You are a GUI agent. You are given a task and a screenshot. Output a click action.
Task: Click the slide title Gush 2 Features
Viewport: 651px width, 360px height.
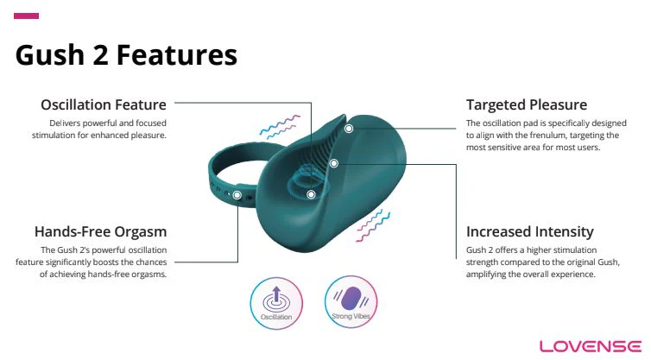coord(126,55)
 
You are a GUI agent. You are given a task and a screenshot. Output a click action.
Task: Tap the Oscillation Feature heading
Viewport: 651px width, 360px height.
coord(104,105)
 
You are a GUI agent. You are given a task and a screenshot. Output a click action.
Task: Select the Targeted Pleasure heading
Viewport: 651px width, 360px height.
coord(527,105)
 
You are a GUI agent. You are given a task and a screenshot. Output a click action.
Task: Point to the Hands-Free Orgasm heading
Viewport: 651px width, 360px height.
coord(100,231)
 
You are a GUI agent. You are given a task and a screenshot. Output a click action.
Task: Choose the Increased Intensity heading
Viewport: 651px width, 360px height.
coord(530,231)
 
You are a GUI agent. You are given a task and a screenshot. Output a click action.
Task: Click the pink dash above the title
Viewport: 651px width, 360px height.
coord(27,16)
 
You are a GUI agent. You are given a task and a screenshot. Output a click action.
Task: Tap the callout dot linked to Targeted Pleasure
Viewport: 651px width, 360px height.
coord(349,129)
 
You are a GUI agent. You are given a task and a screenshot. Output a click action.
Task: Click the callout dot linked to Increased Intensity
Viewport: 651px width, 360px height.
coord(333,162)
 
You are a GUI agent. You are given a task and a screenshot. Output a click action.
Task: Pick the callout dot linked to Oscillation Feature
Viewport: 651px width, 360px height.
coord(311,194)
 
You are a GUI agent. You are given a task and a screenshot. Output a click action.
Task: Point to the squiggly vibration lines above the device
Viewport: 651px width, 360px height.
coord(280,127)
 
